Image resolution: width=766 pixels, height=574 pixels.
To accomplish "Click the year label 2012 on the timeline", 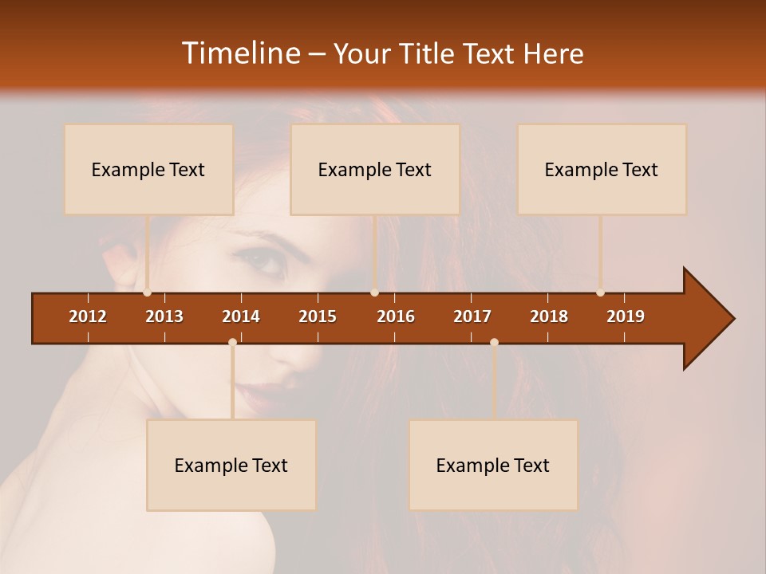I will (88, 316).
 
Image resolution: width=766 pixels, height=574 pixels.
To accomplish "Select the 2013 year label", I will (164, 316).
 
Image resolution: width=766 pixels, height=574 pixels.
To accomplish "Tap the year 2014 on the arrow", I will (241, 316).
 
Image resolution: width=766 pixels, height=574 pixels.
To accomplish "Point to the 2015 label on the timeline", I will (318, 316).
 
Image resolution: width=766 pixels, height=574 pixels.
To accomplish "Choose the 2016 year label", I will (396, 316).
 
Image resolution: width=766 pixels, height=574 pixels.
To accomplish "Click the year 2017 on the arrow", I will (472, 316).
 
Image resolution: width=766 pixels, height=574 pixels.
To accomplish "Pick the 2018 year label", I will (549, 316).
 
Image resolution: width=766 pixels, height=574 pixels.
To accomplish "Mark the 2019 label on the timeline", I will (626, 316).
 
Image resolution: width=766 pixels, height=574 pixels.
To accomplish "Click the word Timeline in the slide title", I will (239, 53).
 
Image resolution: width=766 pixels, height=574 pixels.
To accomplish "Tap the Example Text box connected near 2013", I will (148, 169).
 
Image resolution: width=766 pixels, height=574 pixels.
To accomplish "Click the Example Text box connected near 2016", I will (375, 169).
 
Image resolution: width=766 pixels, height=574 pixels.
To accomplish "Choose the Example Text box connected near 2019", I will (602, 169).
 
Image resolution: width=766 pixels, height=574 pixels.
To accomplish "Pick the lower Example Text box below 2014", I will (231, 465).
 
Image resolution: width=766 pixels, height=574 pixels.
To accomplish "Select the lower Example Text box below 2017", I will (493, 465).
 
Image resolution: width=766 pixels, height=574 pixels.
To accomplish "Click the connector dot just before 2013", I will (147, 293).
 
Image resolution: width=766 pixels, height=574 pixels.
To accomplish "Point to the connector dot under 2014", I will (232, 342).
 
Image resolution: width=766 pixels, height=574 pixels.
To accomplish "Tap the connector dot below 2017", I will (494, 342).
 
